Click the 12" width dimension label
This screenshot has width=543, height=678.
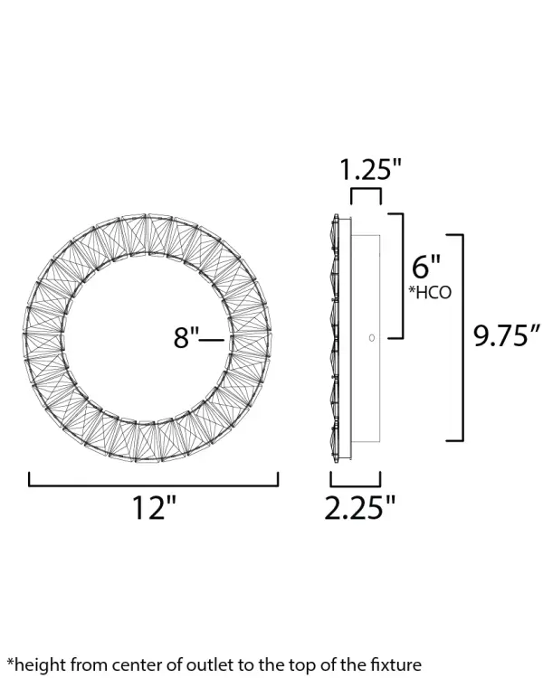pos(153,509)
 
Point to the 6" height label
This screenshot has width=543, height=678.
pos(426,267)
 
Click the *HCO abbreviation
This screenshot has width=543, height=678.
pos(431,293)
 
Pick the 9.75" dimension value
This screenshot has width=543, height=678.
pos(507,336)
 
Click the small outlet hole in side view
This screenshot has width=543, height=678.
pos(371,337)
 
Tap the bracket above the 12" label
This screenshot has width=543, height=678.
pos(153,483)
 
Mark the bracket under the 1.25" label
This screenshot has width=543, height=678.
pos(366,193)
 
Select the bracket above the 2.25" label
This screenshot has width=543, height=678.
pos(355,482)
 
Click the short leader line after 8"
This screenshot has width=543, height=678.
pos(211,339)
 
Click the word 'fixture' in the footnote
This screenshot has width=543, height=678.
pos(395,664)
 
